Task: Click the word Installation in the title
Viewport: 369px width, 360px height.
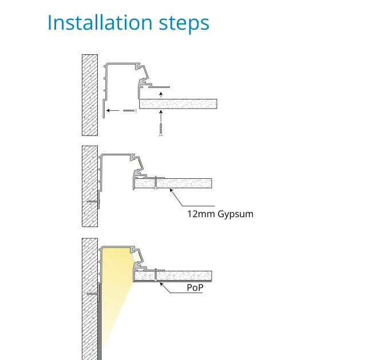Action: pyautogui.click(x=100, y=22)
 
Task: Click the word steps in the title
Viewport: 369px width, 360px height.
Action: pyautogui.click(x=184, y=24)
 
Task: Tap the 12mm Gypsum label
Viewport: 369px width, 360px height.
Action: pyautogui.click(x=220, y=214)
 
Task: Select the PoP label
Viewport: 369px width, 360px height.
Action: pyautogui.click(x=195, y=287)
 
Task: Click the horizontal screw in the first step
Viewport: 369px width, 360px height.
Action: pyautogui.click(x=130, y=110)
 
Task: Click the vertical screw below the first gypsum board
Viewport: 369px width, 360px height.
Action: pyautogui.click(x=161, y=129)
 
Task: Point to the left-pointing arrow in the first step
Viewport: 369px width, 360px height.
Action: pyautogui.click(x=113, y=110)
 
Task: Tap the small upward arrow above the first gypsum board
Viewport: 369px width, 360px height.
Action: pyautogui.click(x=161, y=94)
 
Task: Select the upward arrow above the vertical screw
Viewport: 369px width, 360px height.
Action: pyautogui.click(x=161, y=115)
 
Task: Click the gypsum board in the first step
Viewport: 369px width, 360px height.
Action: pyautogui.click(x=178, y=104)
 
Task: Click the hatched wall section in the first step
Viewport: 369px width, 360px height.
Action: pyautogui.click(x=90, y=95)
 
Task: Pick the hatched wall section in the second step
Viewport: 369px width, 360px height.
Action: pyautogui.click(x=90, y=186)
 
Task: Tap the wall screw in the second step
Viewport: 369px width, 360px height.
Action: pyautogui.click(x=93, y=201)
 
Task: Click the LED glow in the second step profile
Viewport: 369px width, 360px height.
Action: pyautogui.click(x=137, y=163)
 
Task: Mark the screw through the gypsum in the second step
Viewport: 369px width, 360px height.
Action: pyautogui.click(x=156, y=182)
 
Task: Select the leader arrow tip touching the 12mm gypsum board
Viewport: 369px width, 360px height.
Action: pyautogui.click(x=170, y=189)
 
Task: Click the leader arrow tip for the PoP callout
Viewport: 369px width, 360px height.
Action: pyautogui.click(x=161, y=283)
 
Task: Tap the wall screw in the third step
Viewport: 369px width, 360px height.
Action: pyautogui.click(x=93, y=294)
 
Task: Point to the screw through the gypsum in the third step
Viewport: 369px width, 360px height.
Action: pyautogui.click(x=156, y=275)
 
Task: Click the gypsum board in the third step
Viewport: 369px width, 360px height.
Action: pyautogui.click(x=173, y=275)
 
